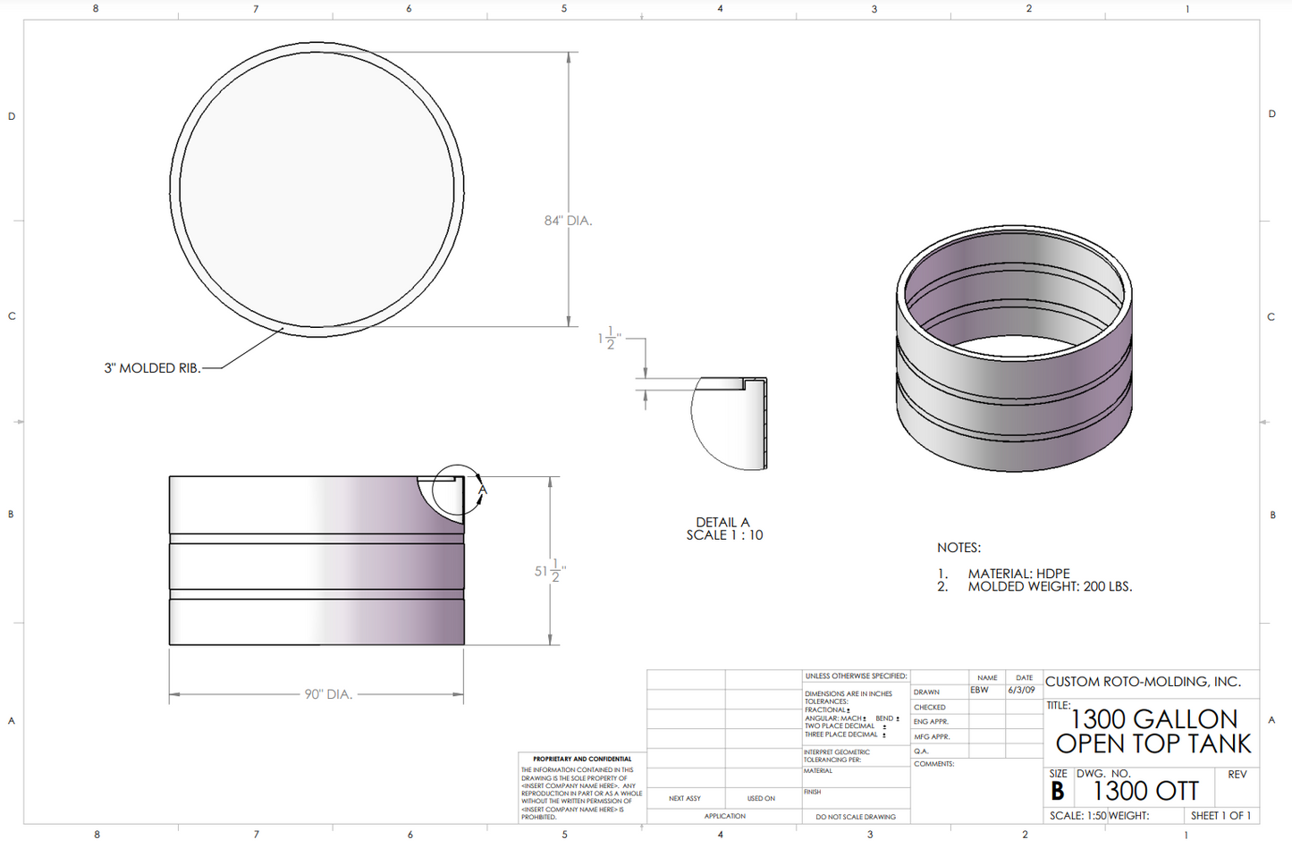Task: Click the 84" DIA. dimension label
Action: click(x=568, y=221)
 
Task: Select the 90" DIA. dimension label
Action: click(x=328, y=694)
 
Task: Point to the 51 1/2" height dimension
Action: click(x=550, y=571)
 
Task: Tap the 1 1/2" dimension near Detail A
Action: click(x=609, y=339)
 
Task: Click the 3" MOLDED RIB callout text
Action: click(x=152, y=368)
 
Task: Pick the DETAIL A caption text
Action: click(x=722, y=523)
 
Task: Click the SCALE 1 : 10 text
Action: click(x=724, y=535)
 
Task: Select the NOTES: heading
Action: click(x=958, y=548)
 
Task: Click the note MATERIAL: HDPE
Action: click(x=1018, y=574)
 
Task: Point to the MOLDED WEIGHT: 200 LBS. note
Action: click(x=1050, y=587)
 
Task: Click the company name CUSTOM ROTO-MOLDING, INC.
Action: click(x=1143, y=682)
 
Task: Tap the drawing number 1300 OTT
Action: click(x=1145, y=791)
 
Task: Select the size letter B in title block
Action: click(x=1058, y=792)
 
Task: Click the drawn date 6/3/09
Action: click(x=1021, y=691)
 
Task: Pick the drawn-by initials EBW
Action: click(x=980, y=691)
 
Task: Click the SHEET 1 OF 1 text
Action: click(x=1221, y=816)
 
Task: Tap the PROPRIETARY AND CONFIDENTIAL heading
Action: click(x=582, y=760)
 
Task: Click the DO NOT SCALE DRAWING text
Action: click(x=856, y=817)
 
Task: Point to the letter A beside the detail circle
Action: click(x=483, y=491)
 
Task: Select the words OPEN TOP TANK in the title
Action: click(x=1153, y=744)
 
